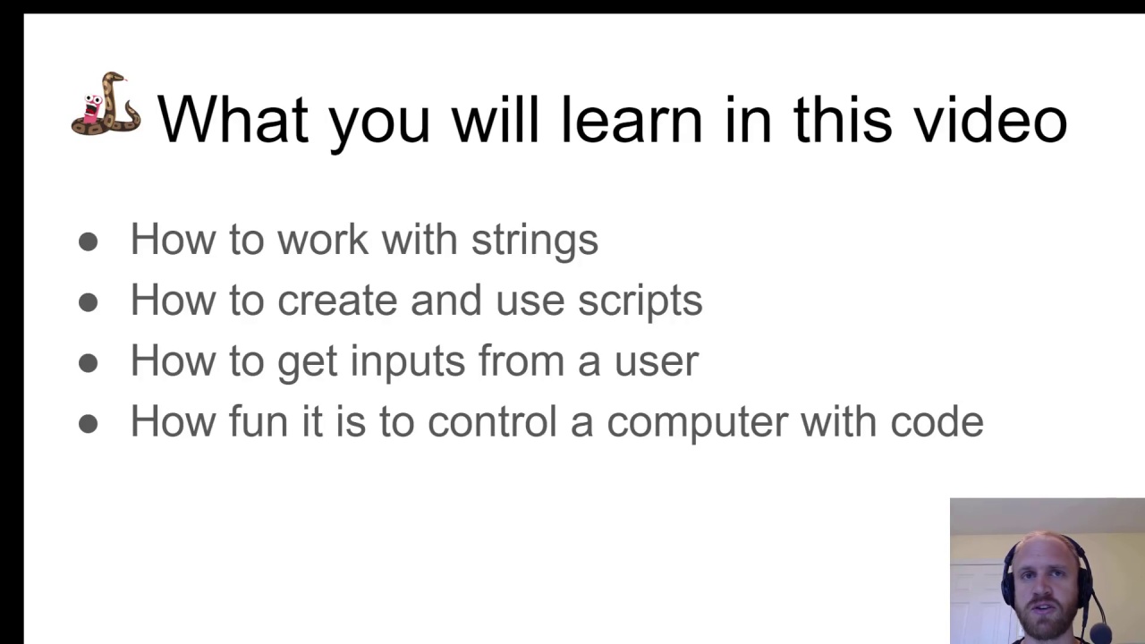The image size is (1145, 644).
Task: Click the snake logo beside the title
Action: (x=106, y=105)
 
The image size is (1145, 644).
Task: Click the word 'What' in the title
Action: (x=233, y=119)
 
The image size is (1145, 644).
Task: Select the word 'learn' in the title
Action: (x=632, y=119)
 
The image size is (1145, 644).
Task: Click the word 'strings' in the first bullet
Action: (x=535, y=241)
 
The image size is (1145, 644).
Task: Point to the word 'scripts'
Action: (x=640, y=301)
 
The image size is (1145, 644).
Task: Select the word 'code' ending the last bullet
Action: (x=937, y=421)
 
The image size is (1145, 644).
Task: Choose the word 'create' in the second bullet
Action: (x=337, y=300)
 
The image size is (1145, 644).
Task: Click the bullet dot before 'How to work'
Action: (x=89, y=241)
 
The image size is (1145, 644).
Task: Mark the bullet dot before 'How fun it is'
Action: (x=89, y=424)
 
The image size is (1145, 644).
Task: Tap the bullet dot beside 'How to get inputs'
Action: (x=89, y=363)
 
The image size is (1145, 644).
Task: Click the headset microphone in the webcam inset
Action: (x=1098, y=632)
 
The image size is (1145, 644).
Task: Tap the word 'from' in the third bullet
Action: (x=522, y=360)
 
